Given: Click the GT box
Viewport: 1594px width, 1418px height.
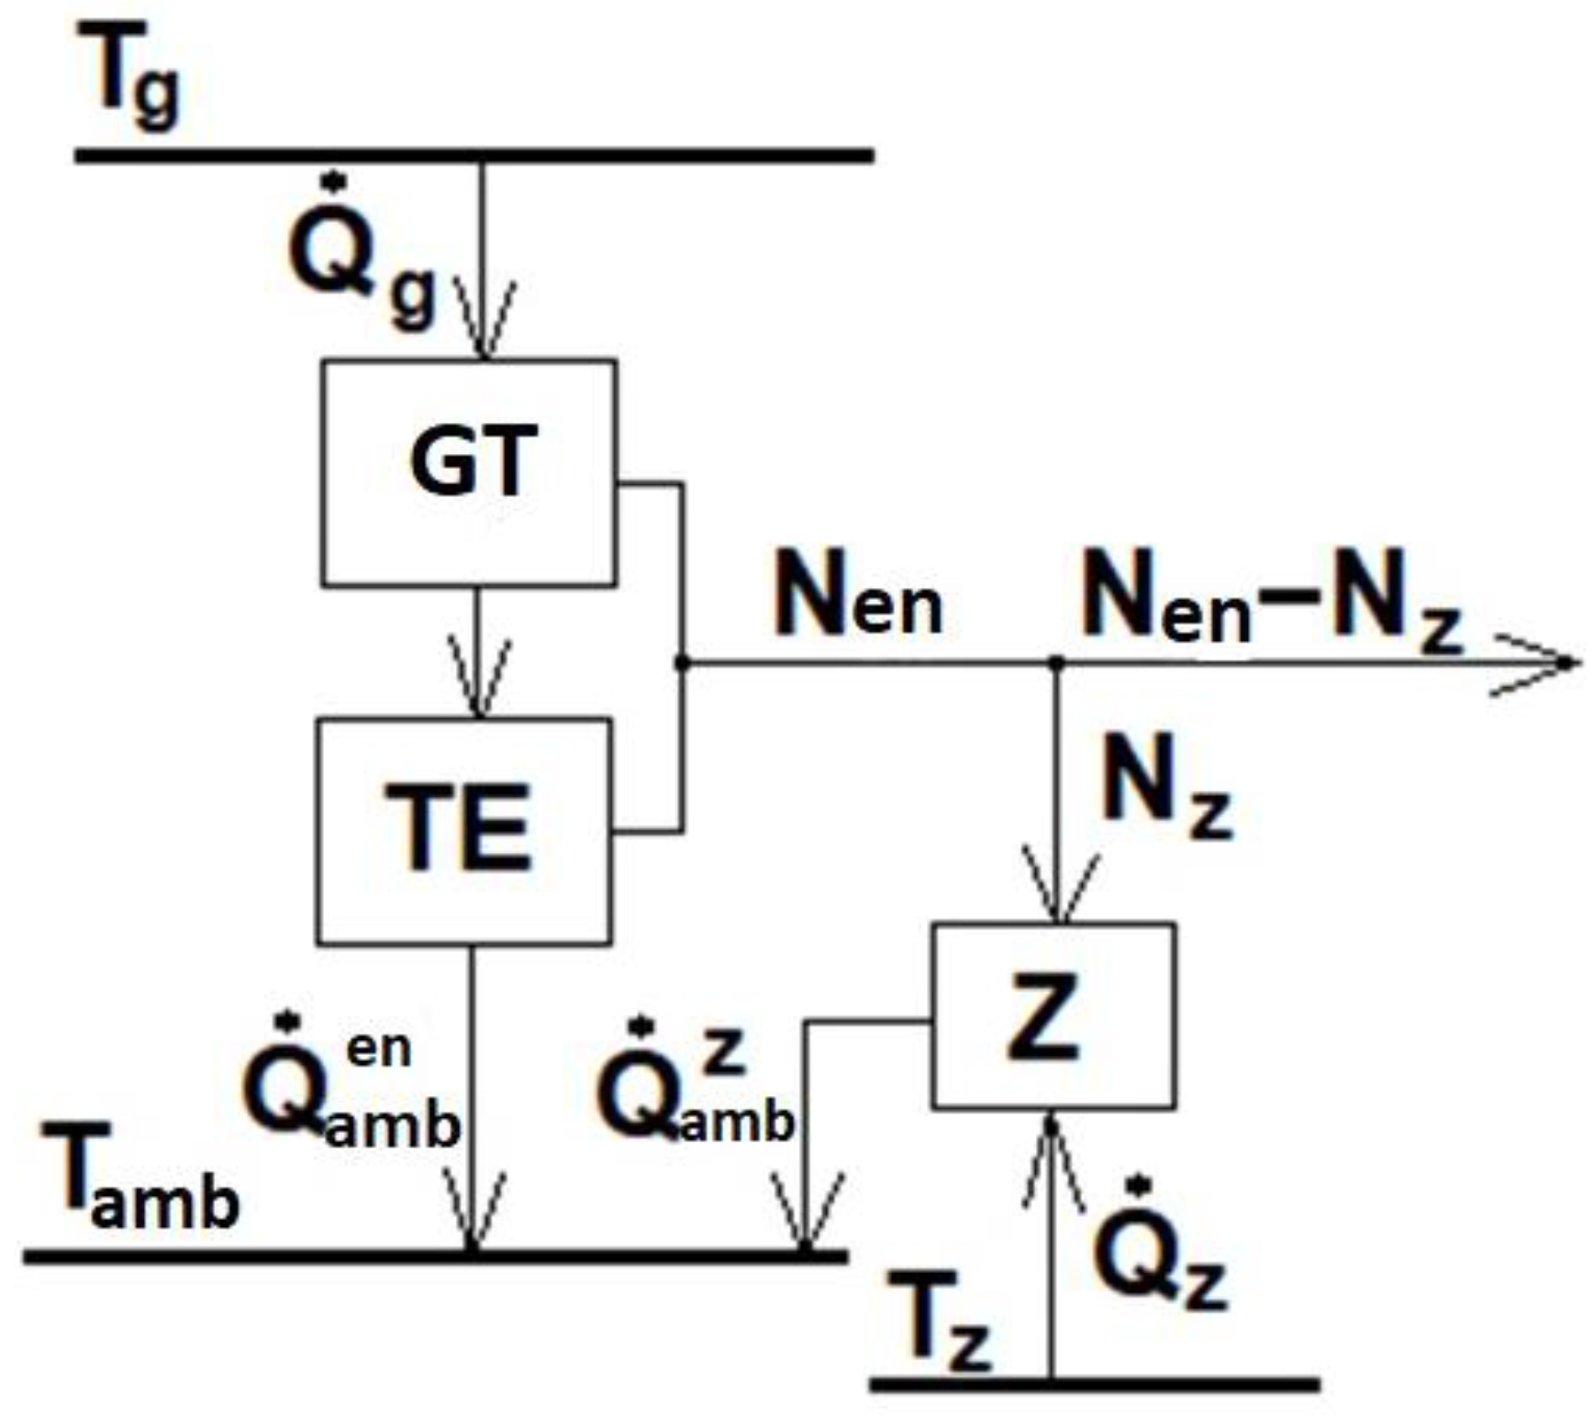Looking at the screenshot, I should tap(469, 472).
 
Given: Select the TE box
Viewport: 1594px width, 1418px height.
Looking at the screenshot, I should tap(463, 830).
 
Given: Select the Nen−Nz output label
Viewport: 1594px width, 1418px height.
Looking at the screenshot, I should tap(1271, 601).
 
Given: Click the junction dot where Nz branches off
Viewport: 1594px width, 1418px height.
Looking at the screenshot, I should tap(1057, 661).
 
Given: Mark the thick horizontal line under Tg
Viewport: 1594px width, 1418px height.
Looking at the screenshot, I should tap(473, 155).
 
